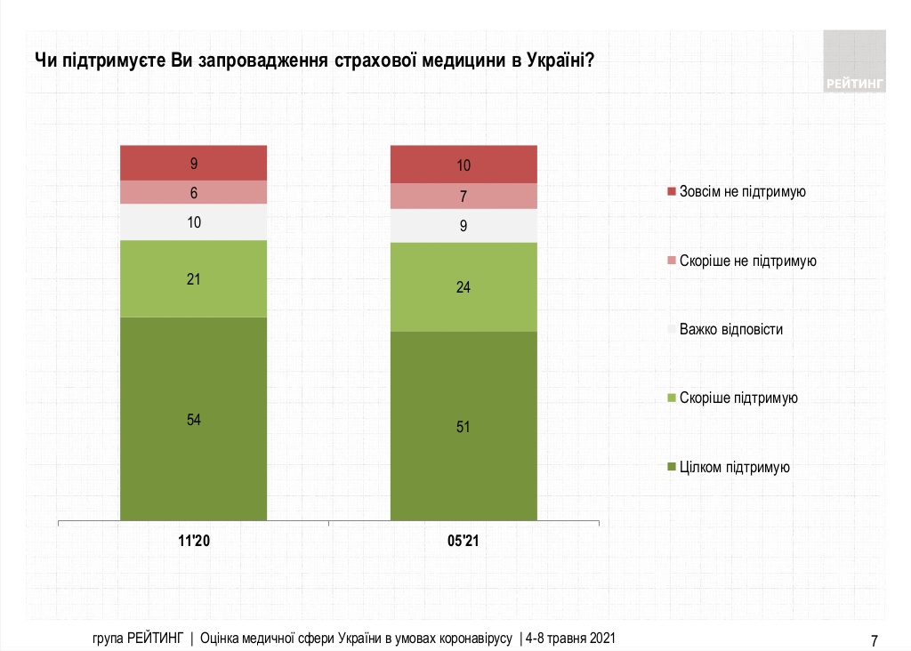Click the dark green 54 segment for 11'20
[194, 418]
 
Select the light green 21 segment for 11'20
[194, 278]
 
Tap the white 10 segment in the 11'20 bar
[194, 222]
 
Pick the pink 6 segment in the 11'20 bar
[194, 192]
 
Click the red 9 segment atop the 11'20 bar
[194, 163]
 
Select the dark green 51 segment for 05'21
[464, 425]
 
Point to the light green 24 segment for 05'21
[464, 286]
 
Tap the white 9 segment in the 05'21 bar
[464, 225]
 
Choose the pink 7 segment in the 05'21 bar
[464, 196]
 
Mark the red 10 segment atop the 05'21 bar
[464, 165]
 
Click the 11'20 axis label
[193, 541]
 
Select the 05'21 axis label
[464, 541]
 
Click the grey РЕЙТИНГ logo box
[855, 60]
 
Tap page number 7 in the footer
[875, 639]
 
